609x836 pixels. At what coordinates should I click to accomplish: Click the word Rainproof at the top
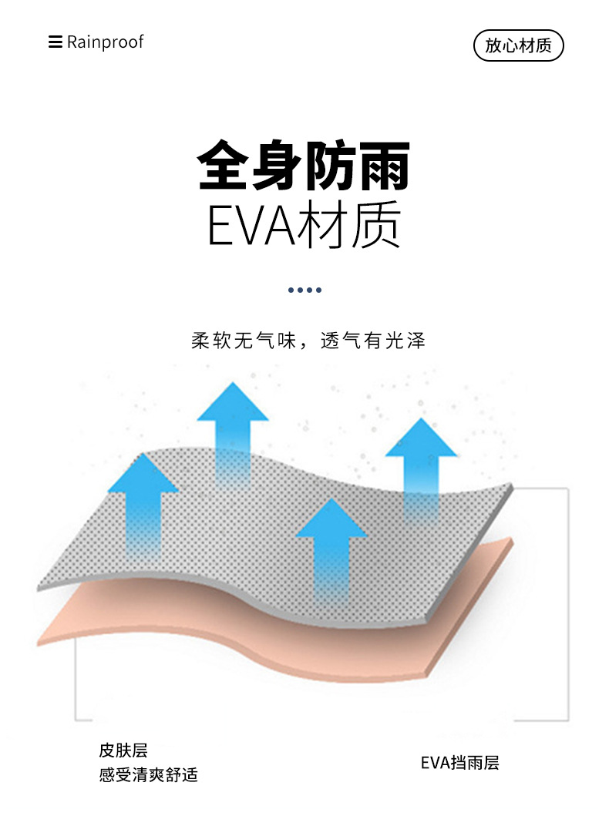[105, 42]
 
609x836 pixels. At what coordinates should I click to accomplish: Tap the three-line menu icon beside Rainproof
[55, 42]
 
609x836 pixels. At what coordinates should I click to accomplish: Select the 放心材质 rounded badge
[518, 45]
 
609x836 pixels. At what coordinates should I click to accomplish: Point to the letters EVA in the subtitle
[252, 224]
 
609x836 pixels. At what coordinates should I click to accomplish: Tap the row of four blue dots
[304, 290]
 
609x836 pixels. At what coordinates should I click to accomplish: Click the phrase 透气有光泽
[373, 341]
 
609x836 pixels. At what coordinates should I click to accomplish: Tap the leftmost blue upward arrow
[143, 501]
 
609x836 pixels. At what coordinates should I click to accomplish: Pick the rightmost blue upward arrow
[421, 462]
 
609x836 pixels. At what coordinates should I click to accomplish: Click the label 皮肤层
[123, 750]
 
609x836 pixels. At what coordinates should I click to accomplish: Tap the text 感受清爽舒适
[148, 774]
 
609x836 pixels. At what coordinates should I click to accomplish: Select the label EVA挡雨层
[459, 763]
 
